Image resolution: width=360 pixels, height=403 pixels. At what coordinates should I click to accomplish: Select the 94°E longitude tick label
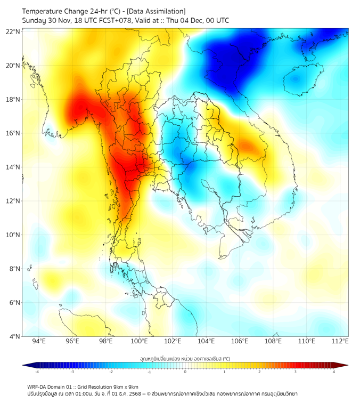click(39, 341)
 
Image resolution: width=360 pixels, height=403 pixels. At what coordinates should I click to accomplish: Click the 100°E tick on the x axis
click(140, 341)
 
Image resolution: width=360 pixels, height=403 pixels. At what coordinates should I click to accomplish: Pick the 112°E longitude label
click(340, 341)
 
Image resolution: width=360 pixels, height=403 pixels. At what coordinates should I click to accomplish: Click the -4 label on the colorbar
click(36, 372)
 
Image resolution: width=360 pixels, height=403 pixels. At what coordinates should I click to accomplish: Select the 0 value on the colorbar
click(185, 372)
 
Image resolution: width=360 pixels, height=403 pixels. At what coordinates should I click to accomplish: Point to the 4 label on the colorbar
click(334, 372)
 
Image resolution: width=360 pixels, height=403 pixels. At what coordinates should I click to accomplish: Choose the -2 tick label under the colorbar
click(111, 372)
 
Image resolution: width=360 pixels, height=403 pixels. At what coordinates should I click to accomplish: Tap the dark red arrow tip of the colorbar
click(345, 365)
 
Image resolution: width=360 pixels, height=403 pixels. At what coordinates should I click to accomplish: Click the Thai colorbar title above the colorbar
click(185, 359)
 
